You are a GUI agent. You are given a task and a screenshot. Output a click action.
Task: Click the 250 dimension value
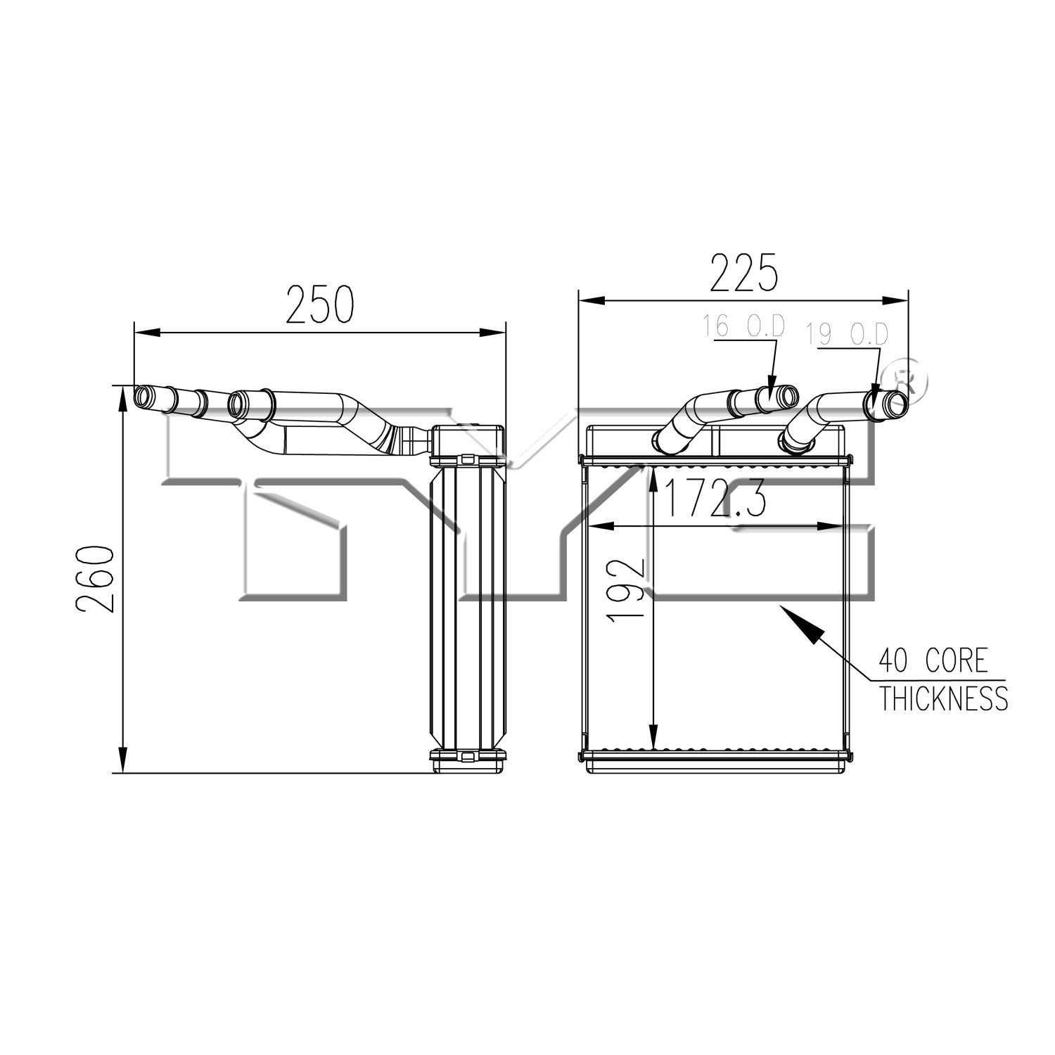(x=320, y=305)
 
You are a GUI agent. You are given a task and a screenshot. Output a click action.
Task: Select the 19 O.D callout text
(x=847, y=334)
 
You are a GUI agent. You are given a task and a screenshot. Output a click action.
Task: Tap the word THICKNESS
(x=944, y=698)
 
